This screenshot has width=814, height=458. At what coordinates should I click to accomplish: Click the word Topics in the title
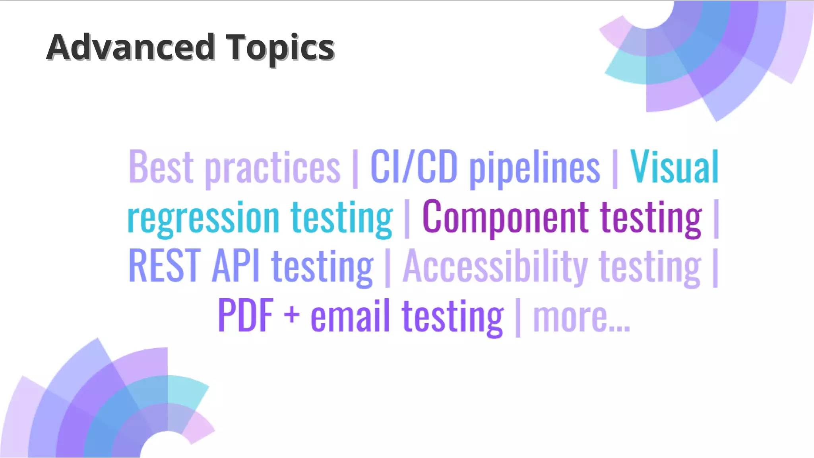pos(280,49)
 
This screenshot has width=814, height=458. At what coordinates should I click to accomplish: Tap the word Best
pos(161,167)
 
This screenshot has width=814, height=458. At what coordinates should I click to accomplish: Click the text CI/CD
pos(414,167)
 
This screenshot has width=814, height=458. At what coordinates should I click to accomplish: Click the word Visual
pos(674,167)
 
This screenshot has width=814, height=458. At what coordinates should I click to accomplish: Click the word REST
pos(165,266)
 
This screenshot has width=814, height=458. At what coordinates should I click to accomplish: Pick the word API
pos(236,266)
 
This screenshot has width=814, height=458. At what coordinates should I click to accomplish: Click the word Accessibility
pos(495,266)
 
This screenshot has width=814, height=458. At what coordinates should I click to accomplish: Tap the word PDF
pos(246,316)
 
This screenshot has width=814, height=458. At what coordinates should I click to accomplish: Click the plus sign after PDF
pos(292,316)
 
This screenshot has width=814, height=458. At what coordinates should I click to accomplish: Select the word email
pos(350,316)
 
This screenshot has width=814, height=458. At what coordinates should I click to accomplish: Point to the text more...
pos(581,317)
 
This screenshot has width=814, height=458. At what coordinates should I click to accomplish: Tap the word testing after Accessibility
pos(650,267)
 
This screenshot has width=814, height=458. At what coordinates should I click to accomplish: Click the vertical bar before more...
pos(517,317)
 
